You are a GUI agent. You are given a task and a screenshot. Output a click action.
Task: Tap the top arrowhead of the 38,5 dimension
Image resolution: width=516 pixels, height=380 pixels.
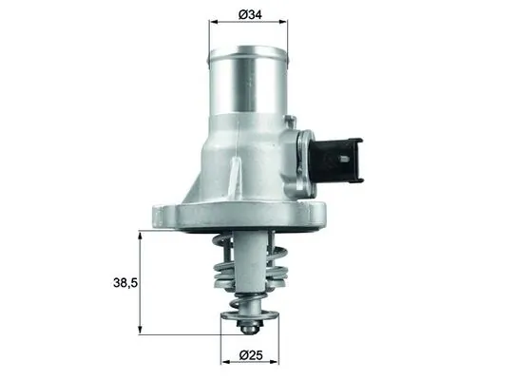(142, 235)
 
